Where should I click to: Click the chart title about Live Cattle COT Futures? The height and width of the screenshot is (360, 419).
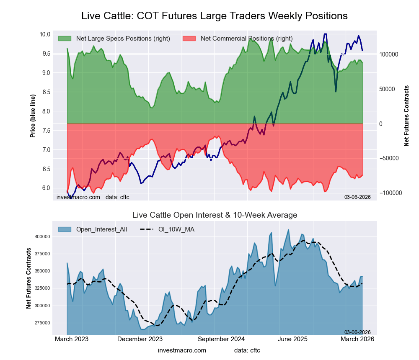215,16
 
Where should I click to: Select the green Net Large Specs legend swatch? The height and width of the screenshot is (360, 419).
65,39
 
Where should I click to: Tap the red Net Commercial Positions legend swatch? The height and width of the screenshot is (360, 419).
189,39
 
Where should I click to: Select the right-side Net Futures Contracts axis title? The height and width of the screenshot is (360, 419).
406,116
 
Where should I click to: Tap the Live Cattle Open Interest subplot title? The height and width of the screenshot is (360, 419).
215,215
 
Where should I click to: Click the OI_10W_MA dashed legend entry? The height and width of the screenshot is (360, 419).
168,229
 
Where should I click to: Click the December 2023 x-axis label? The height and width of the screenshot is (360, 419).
140,339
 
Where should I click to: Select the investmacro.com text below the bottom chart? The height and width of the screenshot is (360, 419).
182,350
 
